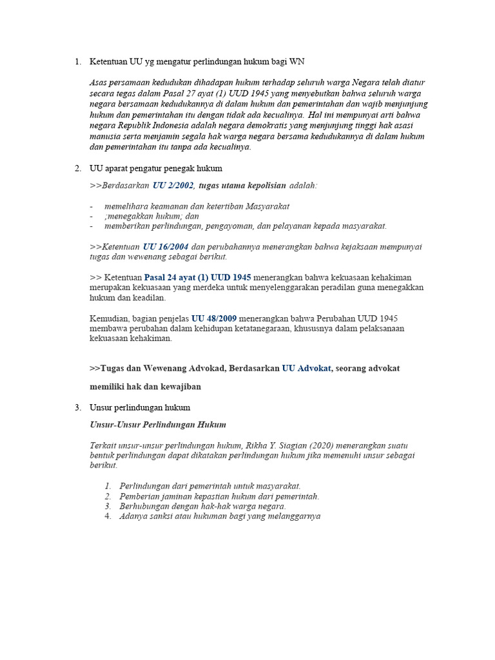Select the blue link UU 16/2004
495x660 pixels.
tap(166, 247)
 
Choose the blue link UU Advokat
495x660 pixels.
tap(306, 368)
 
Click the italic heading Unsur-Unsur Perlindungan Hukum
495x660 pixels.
tap(157, 425)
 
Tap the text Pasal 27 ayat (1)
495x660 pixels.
tap(169, 93)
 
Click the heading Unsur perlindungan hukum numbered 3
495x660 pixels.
tap(140, 407)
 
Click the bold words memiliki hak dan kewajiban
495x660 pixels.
tap(145, 387)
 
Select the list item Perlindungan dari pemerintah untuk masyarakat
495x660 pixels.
tap(209, 485)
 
